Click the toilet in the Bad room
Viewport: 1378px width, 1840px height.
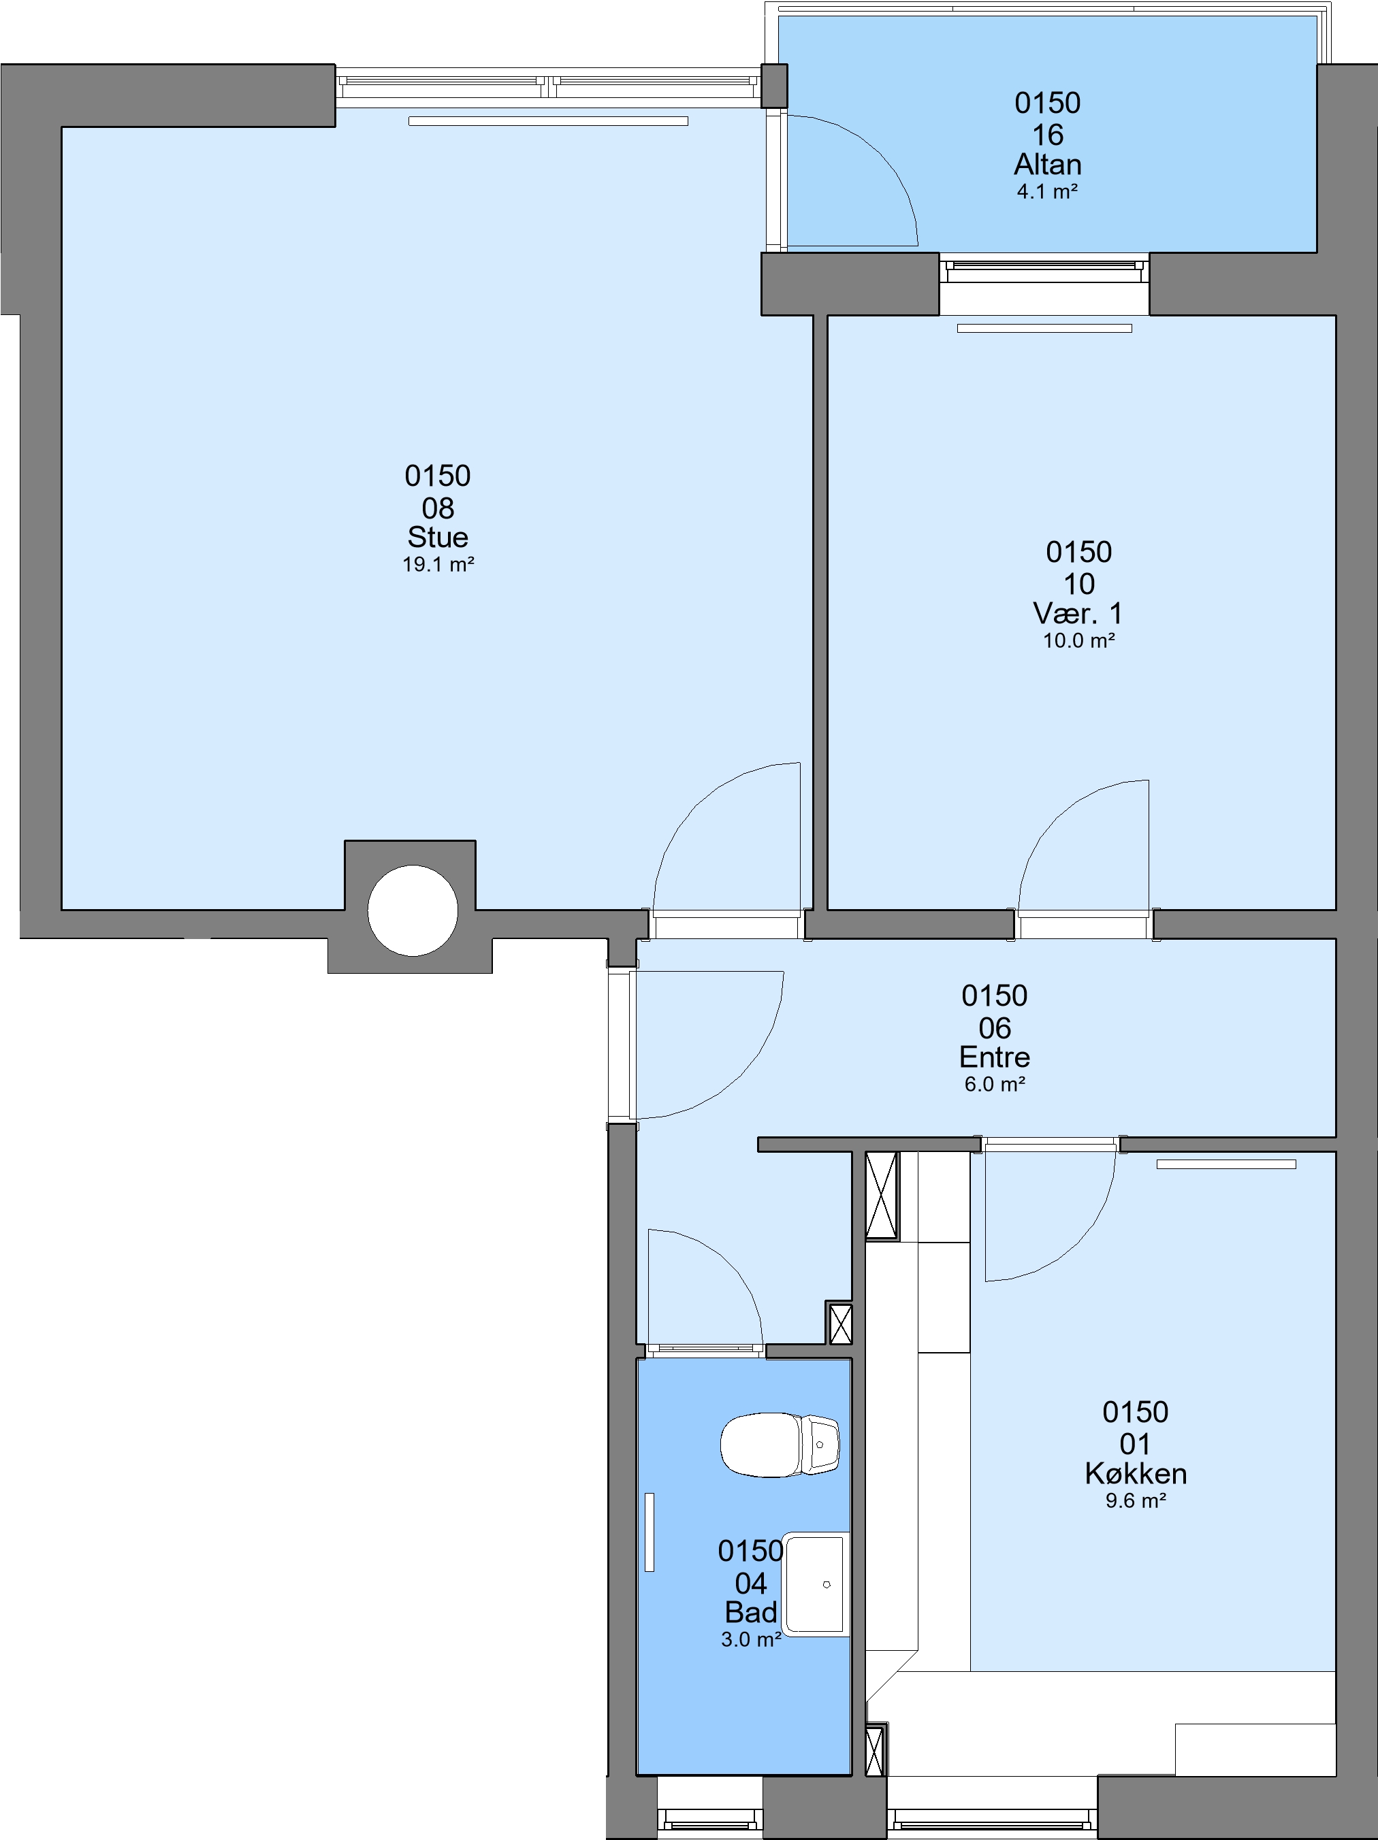coord(780,1445)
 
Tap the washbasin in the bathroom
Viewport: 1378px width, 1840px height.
coord(816,1583)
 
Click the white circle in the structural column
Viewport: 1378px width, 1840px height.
coord(413,910)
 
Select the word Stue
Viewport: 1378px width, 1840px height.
coord(438,536)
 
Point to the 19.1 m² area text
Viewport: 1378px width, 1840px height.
coord(438,564)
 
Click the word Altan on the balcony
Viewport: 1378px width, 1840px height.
coord(1048,164)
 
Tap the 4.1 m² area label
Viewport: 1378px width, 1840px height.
coord(1048,191)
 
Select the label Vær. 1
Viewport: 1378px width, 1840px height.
coord(1078,613)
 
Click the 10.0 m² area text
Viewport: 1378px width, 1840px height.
coord(1079,640)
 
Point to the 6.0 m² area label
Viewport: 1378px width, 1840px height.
coord(995,1084)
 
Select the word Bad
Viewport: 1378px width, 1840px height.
coord(750,1612)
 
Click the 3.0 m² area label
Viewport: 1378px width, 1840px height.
coord(752,1639)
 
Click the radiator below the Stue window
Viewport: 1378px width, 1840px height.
coord(548,121)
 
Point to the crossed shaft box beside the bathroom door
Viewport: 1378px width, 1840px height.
coord(840,1324)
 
